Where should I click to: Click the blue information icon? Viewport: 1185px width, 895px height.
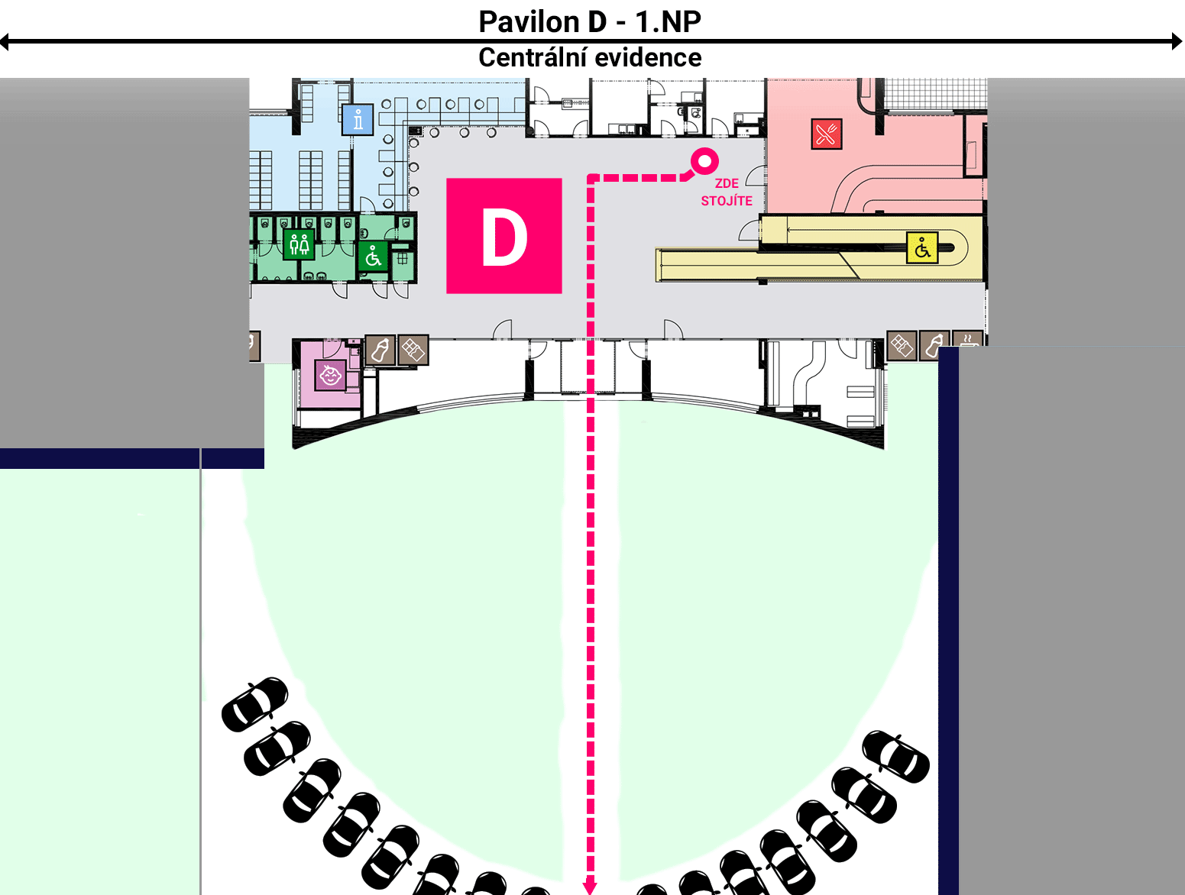pos(358,119)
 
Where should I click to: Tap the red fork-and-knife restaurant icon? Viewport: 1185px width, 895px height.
pos(827,134)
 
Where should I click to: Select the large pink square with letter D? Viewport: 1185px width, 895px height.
pos(504,236)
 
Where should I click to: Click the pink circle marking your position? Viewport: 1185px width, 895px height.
pos(704,161)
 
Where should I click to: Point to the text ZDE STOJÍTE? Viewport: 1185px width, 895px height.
pos(727,192)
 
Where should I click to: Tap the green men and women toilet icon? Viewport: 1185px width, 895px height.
pos(299,244)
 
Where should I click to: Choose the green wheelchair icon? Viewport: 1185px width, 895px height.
pos(373,257)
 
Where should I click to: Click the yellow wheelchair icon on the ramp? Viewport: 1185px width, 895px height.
pos(922,248)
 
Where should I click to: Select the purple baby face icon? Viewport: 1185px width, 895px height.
pos(330,375)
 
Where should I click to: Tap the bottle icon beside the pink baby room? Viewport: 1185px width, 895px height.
pos(380,350)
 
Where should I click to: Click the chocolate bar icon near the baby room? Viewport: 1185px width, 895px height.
pos(413,350)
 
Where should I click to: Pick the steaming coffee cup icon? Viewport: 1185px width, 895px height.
pos(968,339)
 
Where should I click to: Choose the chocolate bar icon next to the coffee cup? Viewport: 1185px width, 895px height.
pos(902,345)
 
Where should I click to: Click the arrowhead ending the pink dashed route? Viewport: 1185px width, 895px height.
pos(590,887)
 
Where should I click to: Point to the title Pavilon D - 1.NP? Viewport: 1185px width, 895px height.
pos(590,21)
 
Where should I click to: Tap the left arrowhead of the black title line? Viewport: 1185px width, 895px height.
pos(5,41)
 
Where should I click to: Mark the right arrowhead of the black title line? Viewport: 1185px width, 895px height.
pos(1177,41)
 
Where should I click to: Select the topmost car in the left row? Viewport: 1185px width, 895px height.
pos(255,704)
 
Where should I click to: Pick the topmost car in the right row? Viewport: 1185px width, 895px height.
pos(895,756)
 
